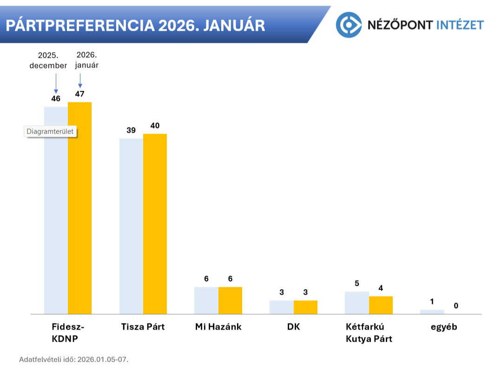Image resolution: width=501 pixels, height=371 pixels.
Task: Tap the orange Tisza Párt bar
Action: point(155,223)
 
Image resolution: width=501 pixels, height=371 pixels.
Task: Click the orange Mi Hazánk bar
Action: point(230,300)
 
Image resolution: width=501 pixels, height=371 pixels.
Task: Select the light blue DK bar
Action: point(282,307)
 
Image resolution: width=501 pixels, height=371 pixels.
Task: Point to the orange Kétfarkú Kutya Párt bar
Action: point(381,305)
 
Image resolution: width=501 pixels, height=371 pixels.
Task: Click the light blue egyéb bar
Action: point(432,311)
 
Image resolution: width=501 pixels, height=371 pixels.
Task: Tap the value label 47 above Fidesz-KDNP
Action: point(79,94)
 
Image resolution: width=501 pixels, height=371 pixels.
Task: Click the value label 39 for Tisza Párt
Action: point(131,130)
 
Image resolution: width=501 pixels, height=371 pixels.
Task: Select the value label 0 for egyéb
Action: point(456,306)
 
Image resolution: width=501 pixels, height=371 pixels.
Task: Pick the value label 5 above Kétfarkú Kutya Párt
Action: point(356,283)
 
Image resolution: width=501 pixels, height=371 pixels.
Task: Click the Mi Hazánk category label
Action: point(218,327)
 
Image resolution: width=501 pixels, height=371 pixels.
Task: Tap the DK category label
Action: point(293,327)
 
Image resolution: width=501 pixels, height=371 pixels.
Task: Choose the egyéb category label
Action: point(443,327)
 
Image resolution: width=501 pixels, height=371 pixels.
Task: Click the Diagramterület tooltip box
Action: point(50,132)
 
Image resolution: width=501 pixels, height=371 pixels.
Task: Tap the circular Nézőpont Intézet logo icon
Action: point(349,25)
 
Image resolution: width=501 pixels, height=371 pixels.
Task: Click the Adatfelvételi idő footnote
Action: point(73,359)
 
